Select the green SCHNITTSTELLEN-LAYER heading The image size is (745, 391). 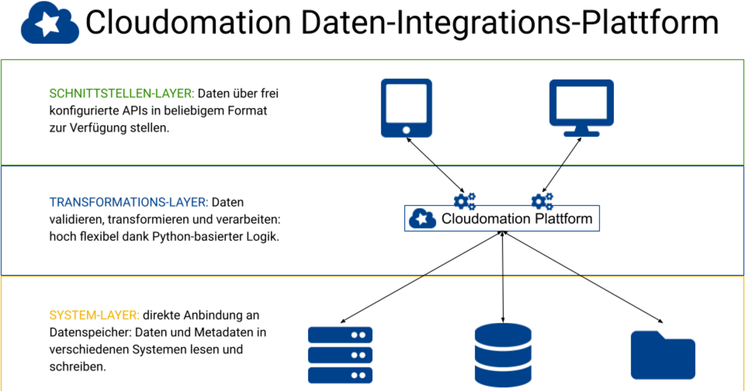(x=122, y=94)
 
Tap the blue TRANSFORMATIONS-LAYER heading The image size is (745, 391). (x=129, y=202)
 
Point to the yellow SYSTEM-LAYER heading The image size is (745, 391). (x=94, y=315)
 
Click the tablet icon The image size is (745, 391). (x=406, y=107)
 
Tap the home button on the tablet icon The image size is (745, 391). (x=406, y=130)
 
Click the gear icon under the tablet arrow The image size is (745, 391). (x=464, y=200)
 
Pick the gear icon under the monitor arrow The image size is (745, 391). (x=542, y=200)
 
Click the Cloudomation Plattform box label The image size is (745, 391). (x=517, y=219)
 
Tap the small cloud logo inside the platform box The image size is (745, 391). (x=422, y=218)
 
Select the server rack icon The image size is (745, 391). (x=340, y=354)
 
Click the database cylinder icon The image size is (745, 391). (x=503, y=354)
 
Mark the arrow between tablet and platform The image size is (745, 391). (x=435, y=165)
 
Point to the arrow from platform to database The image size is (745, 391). (x=503, y=276)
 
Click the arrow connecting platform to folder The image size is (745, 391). (x=584, y=277)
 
